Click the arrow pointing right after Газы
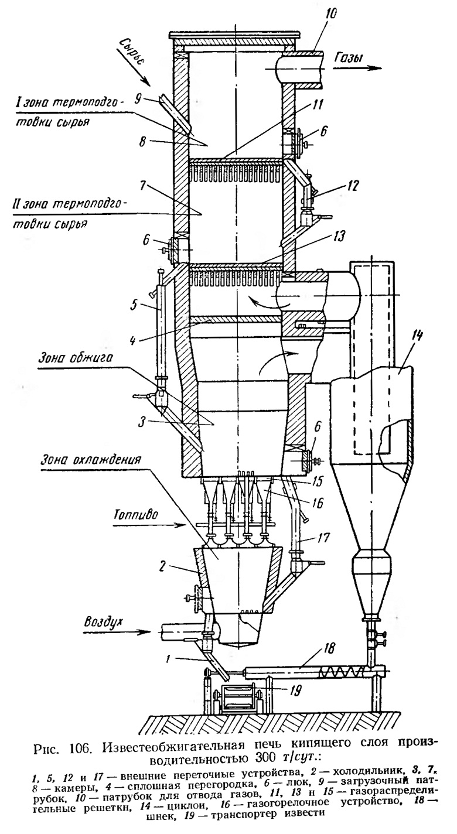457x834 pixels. pos(358,68)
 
